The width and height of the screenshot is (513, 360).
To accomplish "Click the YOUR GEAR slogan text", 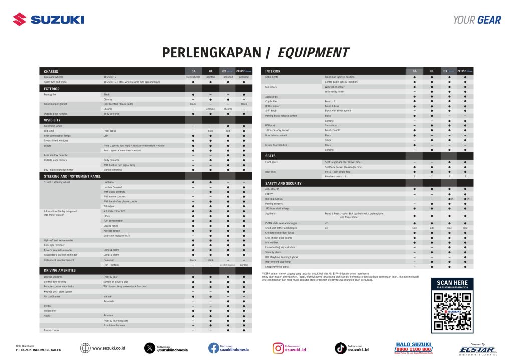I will [477, 20].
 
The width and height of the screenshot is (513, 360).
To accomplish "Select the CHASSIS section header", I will [52, 71].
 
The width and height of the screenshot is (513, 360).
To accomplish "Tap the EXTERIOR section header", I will [52, 89].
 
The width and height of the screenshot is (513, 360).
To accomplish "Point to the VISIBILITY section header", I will [53, 120].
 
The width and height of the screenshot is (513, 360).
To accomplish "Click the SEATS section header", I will [271, 156].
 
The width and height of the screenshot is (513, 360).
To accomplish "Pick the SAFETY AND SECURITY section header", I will [283, 183].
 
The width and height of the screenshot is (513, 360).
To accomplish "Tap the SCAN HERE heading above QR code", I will [452, 283].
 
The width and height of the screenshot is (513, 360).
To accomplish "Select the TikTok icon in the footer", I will [340, 348].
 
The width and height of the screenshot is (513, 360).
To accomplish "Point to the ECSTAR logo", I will [477, 349].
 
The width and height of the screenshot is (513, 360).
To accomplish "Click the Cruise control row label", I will [52, 330].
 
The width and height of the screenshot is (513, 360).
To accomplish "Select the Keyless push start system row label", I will [58, 291].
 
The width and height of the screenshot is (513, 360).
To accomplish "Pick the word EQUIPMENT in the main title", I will [313, 52].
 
